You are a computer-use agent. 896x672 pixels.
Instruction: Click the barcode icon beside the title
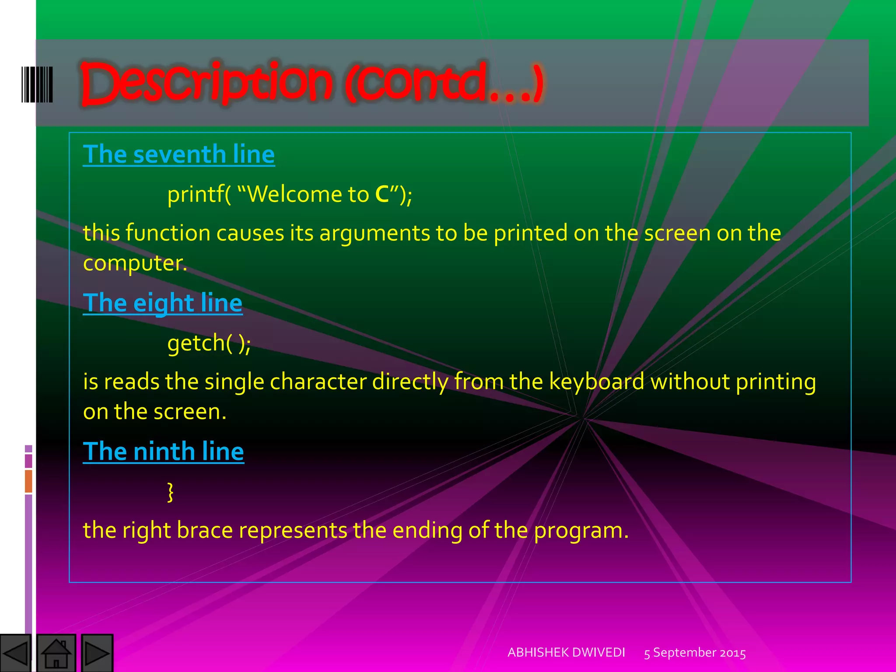pyautogui.click(x=37, y=84)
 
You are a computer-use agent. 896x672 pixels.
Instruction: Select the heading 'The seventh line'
pyautogui.click(x=178, y=154)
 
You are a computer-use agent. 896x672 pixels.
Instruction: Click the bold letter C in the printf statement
pyautogui.click(x=382, y=194)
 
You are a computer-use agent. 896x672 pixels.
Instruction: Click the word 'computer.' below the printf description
pyautogui.click(x=135, y=263)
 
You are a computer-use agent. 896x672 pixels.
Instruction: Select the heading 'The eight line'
pyautogui.click(x=162, y=303)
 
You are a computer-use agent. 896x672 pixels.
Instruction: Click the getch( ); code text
pyautogui.click(x=209, y=343)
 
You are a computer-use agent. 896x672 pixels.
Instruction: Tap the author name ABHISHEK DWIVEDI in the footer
pyautogui.click(x=566, y=652)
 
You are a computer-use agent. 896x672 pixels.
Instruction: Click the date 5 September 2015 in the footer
pyautogui.click(x=695, y=653)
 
